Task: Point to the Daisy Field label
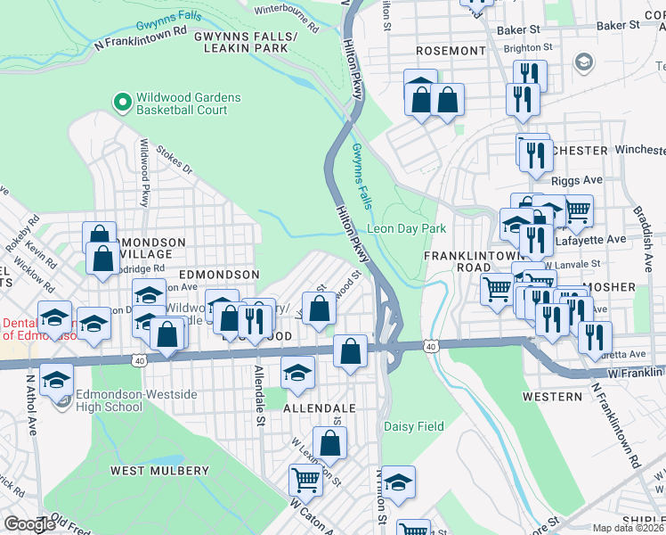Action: [x=413, y=427]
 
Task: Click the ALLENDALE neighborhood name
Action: [x=319, y=407]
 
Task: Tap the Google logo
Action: [x=29, y=524]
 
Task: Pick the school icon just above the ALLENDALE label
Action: [x=297, y=373]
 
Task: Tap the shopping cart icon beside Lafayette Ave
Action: [x=577, y=210]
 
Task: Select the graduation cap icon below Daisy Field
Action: [x=400, y=481]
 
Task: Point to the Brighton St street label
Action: [x=529, y=47]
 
